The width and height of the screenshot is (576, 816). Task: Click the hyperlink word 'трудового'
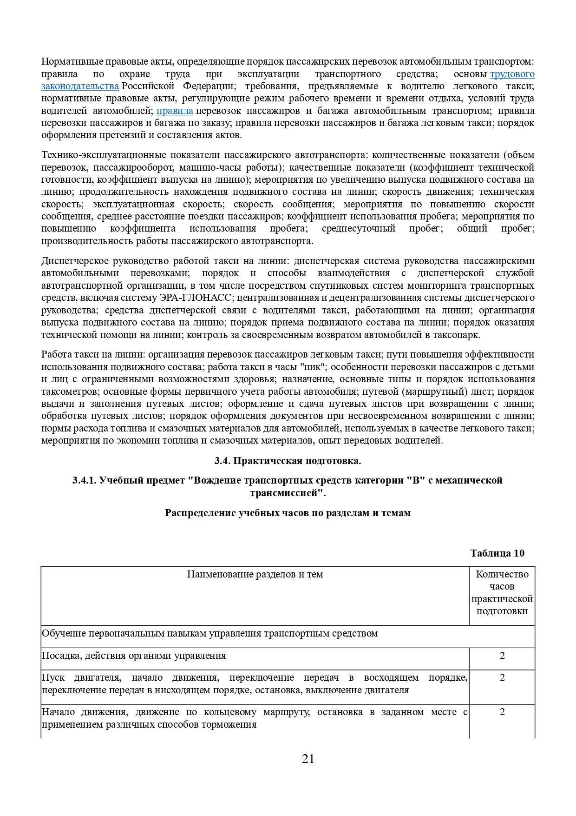coord(512,74)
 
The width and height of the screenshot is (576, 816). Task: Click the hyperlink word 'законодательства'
coord(80,86)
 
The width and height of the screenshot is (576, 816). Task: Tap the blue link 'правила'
coord(175,111)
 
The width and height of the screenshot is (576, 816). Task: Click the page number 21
coord(308,759)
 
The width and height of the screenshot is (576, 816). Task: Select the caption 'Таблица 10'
coord(497,553)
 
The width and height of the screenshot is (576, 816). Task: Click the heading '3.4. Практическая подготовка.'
coord(288,461)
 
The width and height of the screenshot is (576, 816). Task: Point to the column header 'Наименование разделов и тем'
coord(255,575)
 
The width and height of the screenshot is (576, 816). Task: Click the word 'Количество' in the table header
coord(502,575)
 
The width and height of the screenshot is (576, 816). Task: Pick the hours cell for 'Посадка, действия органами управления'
coord(502,656)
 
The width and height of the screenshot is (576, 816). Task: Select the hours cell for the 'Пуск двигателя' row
coord(502,678)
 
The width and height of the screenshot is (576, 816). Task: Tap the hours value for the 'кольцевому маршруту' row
coord(502,712)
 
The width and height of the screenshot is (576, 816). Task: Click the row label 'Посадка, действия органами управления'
coord(134,656)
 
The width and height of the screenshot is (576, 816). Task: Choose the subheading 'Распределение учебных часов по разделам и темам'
coord(288,513)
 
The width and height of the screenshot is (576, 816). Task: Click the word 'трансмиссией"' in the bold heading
coord(288,493)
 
